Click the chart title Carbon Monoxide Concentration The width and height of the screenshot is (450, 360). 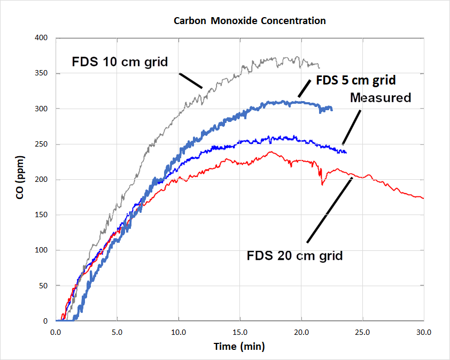coord(250,21)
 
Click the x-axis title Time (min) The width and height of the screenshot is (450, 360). coord(239,346)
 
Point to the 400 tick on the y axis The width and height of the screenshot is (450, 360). coord(42,38)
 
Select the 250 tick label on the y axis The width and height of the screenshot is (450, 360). coord(42,144)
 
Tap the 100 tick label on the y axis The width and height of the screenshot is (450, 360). coord(42,250)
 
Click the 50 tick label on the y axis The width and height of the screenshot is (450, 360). coord(43,286)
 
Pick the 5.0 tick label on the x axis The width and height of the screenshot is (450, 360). coord(117,332)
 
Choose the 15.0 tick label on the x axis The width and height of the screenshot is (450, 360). coord(240,332)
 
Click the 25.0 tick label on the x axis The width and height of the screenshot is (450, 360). coord(363,332)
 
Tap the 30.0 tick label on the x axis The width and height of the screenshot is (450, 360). coord(424,332)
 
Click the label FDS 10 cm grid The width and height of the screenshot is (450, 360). coord(120,62)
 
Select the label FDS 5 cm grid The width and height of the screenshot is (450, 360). coord(356,81)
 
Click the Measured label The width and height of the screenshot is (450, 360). coord(381,97)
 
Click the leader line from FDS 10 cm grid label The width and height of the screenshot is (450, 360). coord(190,80)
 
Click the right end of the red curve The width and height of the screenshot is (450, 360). coord(423,198)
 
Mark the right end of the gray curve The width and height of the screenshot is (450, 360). coord(320,67)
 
